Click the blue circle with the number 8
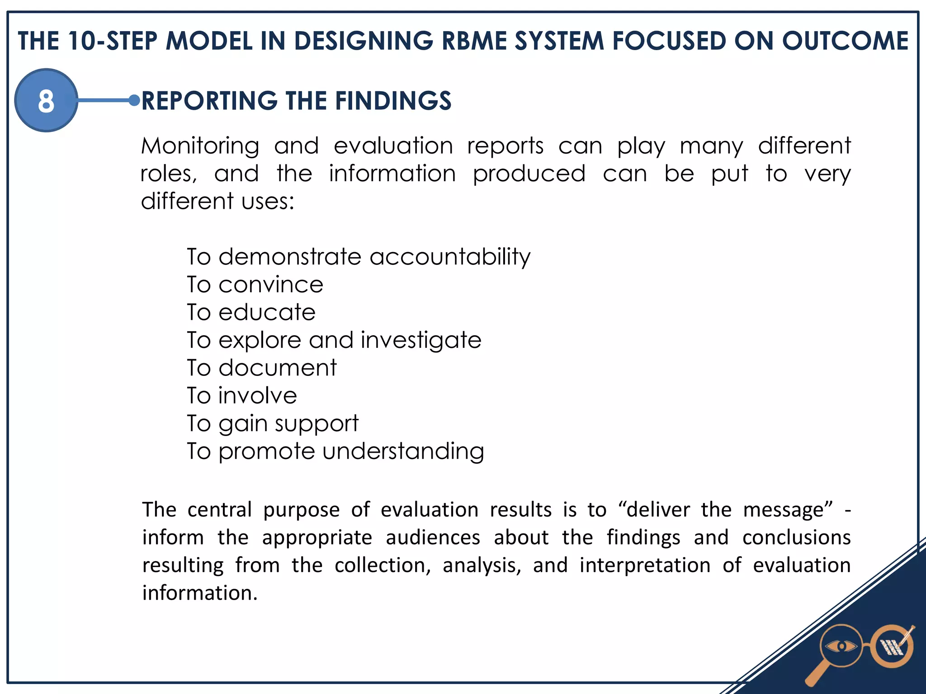pyautogui.click(x=46, y=100)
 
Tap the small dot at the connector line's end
pyautogui.click(x=134, y=100)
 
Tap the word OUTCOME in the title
pyautogui.click(x=845, y=41)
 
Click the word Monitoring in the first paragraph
pyautogui.click(x=200, y=146)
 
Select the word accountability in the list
pyautogui.click(x=450, y=257)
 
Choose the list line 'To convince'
pyautogui.click(x=255, y=285)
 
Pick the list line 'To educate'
pyautogui.click(x=251, y=312)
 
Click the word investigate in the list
pyautogui.click(x=421, y=340)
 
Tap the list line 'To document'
pyautogui.click(x=262, y=368)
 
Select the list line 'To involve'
pyautogui.click(x=242, y=395)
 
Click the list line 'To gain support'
pyautogui.click(x=273, y=423)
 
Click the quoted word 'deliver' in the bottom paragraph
pyautogui.click(x=658, y=510)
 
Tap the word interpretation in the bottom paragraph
pyautogui.click(x=645, y=565)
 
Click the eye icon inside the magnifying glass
pyautogui.click(x=841, y=647)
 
